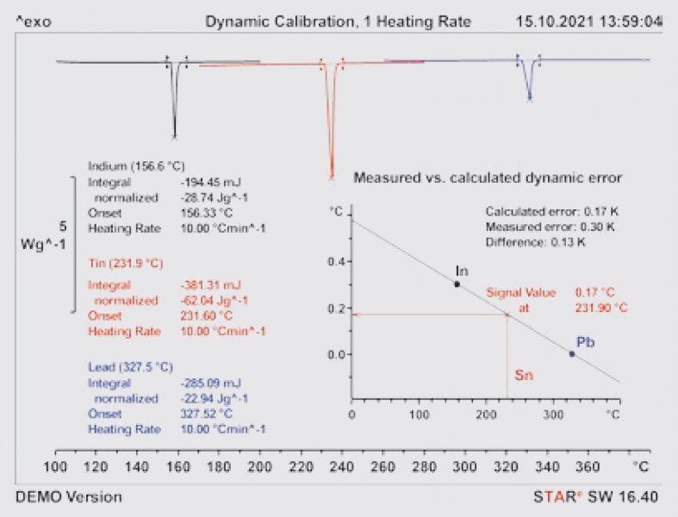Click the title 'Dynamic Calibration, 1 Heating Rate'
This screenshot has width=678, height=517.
[338, 21]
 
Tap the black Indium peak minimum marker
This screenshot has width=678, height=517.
[175, 135]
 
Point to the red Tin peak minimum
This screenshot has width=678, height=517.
[331, 178]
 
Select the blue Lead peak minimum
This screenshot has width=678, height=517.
[530, 99]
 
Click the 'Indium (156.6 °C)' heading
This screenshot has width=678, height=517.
[136, 166]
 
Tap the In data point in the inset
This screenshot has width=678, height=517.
[457, 283]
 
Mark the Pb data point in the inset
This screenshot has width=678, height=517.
[571, 353]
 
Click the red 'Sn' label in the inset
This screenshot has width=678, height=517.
[524, 376]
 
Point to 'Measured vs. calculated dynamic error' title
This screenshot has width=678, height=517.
[488, 178]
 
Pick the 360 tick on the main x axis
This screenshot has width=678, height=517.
[586, 466]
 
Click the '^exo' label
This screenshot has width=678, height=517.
[33, 21]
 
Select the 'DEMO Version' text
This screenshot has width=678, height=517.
[69, 497]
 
